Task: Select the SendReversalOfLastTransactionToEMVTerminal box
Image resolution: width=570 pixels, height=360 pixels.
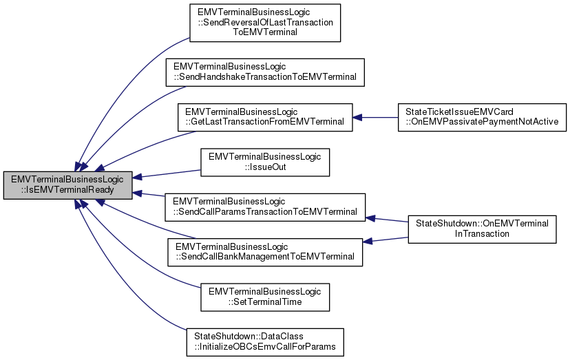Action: pos(265,22)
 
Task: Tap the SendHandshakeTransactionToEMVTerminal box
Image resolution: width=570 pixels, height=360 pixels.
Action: pos(265,72)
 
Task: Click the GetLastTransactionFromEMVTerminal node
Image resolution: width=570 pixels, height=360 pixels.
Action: pos(265,117)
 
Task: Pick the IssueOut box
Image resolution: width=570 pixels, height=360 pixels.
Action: pos(265,162)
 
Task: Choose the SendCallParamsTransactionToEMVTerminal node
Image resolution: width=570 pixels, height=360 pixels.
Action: pos(265,207)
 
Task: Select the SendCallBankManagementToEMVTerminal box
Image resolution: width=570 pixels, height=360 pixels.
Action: pos(265,252)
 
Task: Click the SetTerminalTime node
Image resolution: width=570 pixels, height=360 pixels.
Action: pos(265,297)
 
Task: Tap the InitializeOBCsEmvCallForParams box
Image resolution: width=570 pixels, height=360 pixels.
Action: pos(265,341)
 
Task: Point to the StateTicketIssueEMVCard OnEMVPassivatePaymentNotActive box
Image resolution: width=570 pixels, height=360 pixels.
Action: pos(481,117)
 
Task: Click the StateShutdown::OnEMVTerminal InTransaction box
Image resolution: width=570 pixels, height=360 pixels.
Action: pos(481,229)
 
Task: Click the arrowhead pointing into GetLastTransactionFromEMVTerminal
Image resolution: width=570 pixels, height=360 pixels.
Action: pos(358,117)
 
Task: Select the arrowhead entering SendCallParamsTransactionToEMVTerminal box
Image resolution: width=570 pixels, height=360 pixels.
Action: pos(370,218)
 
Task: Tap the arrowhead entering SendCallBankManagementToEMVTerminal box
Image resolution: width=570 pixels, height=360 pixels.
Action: pos(368,242)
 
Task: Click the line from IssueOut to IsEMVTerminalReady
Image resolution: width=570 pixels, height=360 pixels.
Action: pos(169,171)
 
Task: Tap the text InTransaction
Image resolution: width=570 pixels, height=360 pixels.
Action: pos(481,234)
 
